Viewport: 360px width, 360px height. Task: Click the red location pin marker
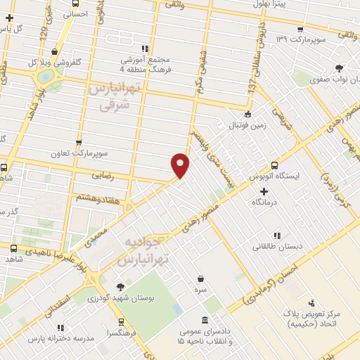pos(181,165)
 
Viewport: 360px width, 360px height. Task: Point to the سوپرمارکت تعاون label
pos(78,153)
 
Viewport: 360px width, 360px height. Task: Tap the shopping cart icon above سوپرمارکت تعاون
pos(78,142)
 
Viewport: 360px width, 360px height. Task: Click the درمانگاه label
pos(264,202)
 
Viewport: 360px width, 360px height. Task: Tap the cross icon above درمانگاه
pos(264,191)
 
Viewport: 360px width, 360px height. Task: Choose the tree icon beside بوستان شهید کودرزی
pos(120,286)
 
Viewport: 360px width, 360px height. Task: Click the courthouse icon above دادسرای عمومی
pos(204,320)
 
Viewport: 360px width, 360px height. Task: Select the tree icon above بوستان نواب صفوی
pos(340,67)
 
